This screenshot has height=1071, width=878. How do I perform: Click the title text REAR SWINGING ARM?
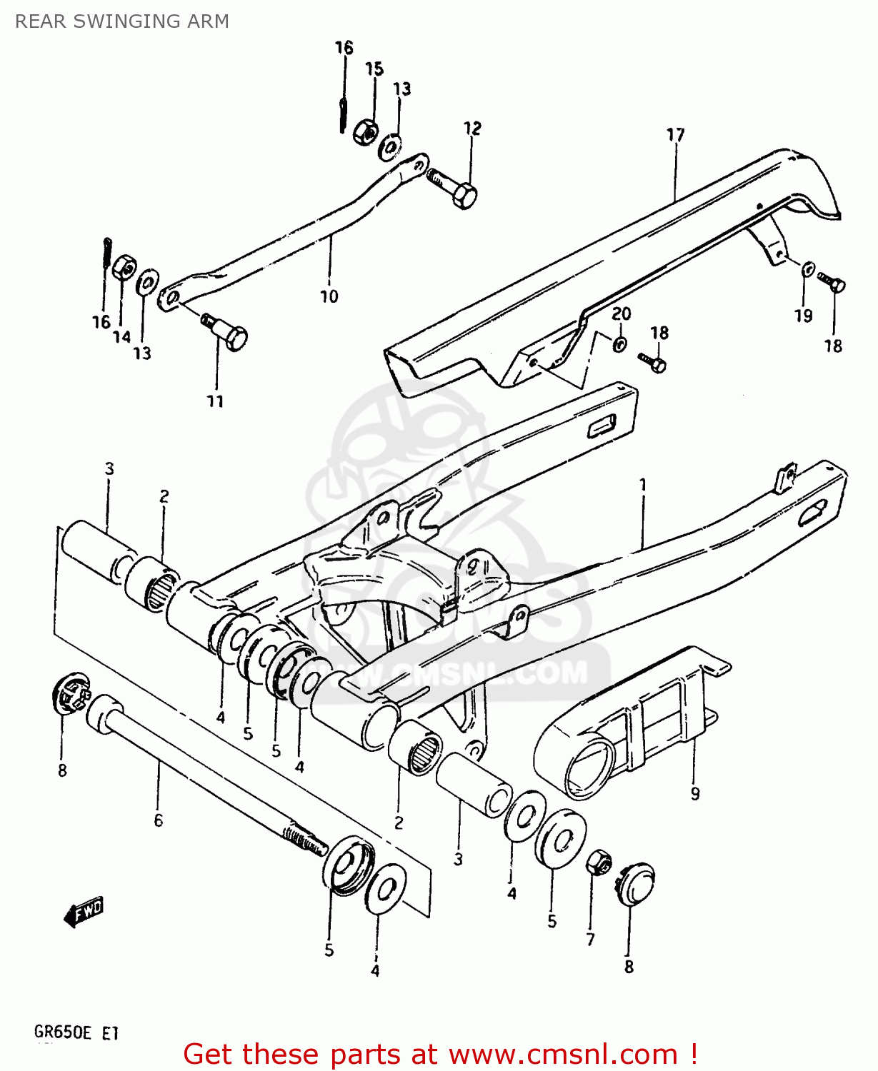pos(122,21)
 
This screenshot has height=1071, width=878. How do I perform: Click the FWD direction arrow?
pos(84,911)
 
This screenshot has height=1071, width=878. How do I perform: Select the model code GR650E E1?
pos(76,1032)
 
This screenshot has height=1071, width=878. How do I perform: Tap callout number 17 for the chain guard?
pos(675,135)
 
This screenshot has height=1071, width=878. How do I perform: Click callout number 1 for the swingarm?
pos(643,485)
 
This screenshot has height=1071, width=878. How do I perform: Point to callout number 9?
pos(695,793)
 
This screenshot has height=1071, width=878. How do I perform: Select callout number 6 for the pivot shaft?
pos(159,820)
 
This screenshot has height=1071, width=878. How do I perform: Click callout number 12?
pos(472,129)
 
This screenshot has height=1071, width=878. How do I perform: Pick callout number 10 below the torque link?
pos(329,296)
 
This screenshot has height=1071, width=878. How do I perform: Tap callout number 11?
pos(215,401)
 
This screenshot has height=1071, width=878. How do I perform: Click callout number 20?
pos(621,313)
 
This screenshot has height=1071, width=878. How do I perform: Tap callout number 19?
pos(804,316)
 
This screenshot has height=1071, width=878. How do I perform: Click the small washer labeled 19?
pos(807,269)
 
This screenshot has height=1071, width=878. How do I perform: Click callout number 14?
pos(121,337)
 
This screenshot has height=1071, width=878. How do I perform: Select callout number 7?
pos(590,940)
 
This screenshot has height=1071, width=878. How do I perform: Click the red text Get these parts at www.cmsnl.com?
pos(439,1054)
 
